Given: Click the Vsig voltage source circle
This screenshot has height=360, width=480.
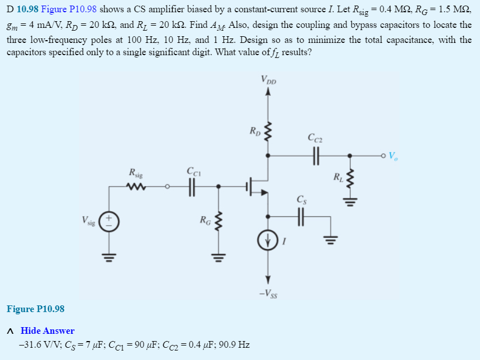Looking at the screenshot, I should pyautogui.click(x=109, y=220).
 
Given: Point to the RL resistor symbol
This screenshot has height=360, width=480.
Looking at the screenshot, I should pyautogui.click(x=350, y=179).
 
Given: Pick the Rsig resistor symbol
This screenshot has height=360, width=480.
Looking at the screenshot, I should pyautogui.click(x=136, y=186).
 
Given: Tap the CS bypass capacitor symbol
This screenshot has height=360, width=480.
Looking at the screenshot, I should pyautogui.click(x=301, y=216).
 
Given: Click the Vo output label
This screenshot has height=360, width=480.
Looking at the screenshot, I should pyautogui.click(x=394, y=155).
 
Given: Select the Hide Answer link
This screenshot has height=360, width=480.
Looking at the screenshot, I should pyautogui.click(x=47, y=331).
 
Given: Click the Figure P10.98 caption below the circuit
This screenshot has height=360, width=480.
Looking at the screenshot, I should pyautogui.click(x=36, y=309).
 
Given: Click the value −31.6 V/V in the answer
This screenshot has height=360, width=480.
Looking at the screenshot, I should pyautogui.click(x=38, y=345).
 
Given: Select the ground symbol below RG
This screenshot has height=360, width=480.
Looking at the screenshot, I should pyautogui.click(x=218, y=256).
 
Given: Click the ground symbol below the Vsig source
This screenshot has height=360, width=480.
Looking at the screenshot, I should pyautogui.click(x=109, y=256).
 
